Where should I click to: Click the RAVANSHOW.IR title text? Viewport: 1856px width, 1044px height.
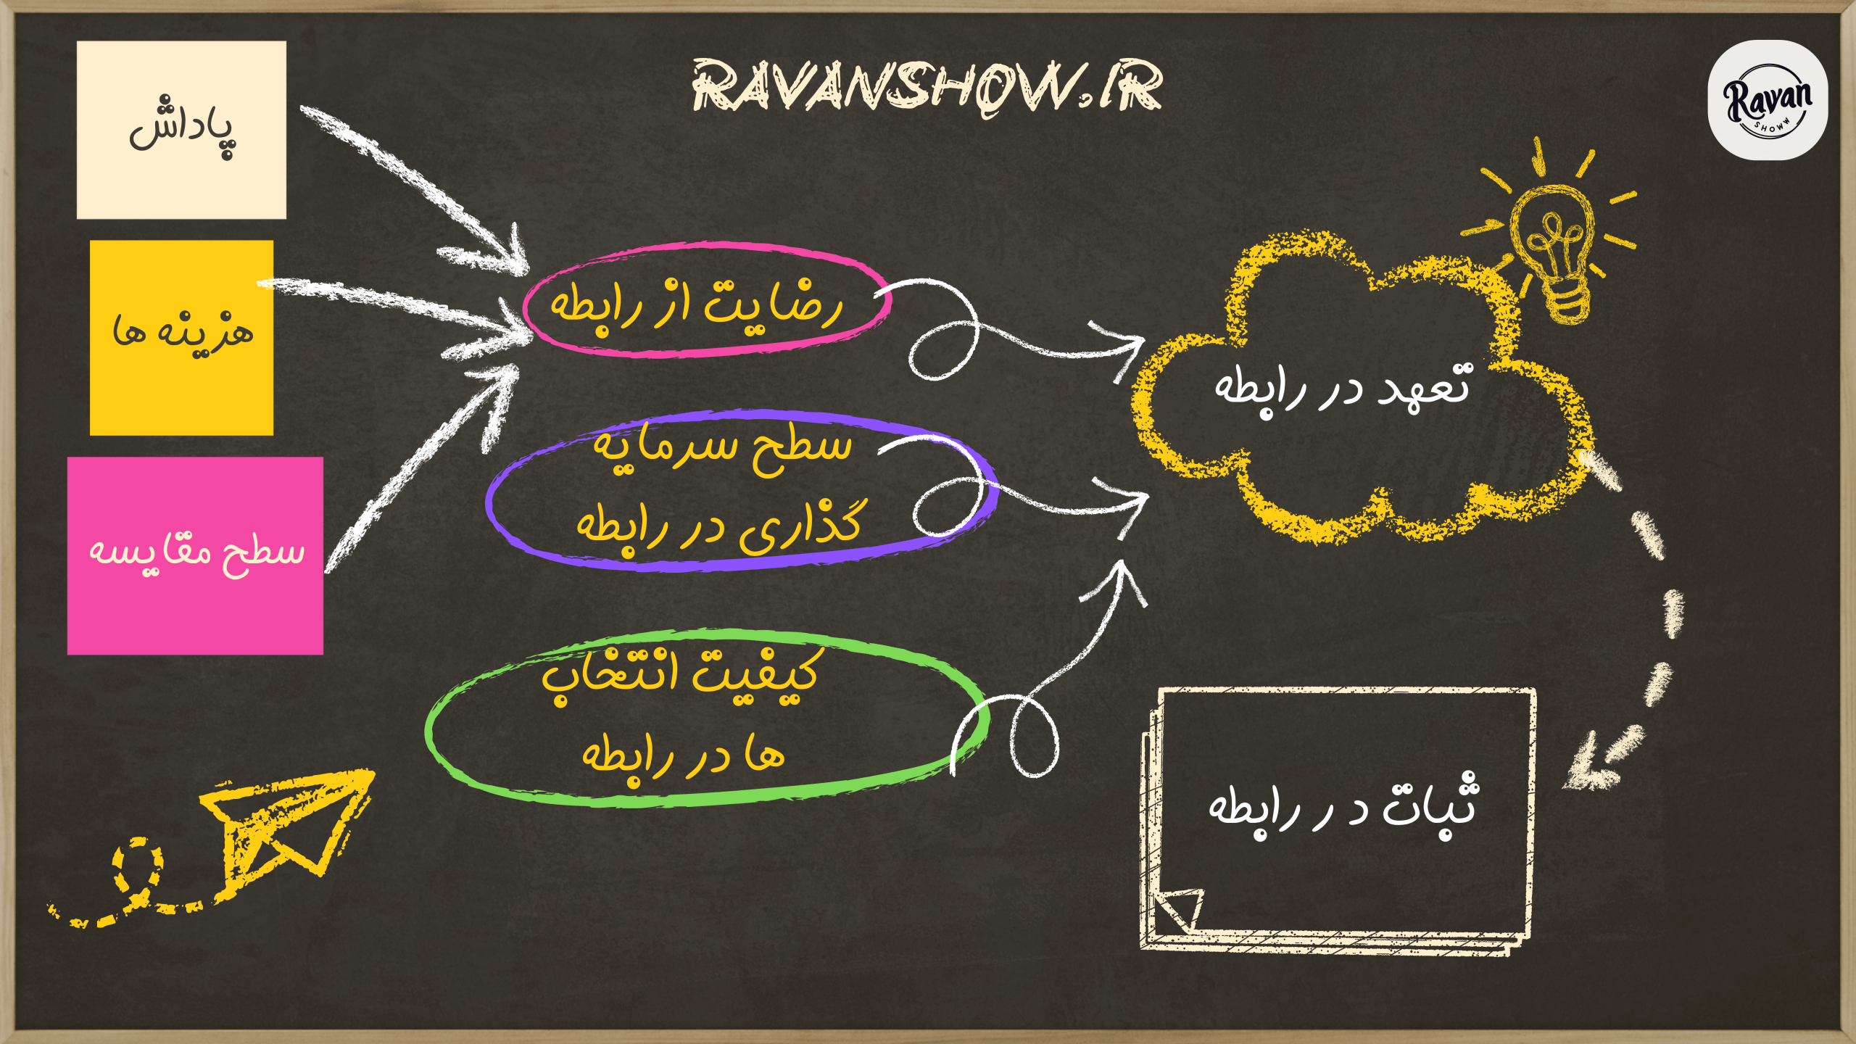point(927,88)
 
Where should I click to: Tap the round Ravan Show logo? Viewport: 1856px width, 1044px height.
point(1768,100)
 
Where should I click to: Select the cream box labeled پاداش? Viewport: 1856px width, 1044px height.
point(181,130)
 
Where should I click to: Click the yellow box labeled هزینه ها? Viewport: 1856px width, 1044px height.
point(181,338)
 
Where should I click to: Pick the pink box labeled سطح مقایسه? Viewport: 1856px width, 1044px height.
point(195,556)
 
